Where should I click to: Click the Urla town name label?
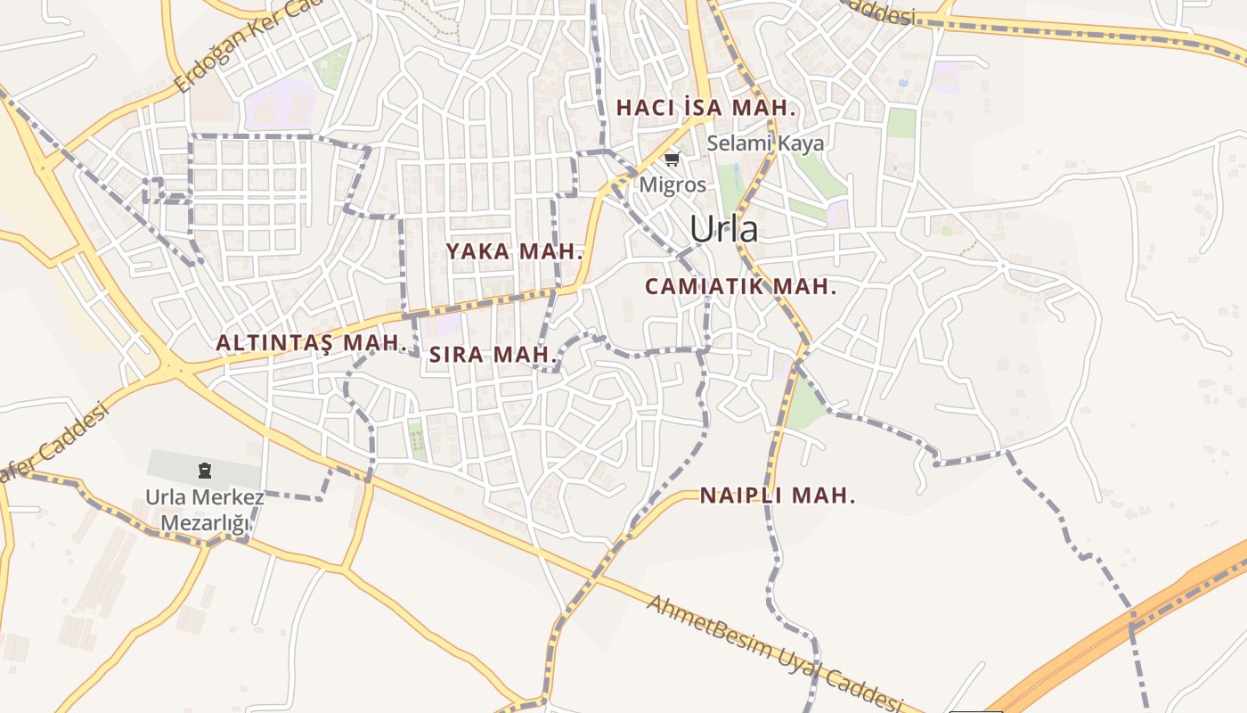click(x=724, y=229)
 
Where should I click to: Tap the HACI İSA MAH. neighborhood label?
click(x=705, y=108)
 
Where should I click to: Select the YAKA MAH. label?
click(x=514, y=251)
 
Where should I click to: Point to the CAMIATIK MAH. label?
click(x=740, y=287)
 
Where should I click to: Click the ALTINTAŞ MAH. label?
click(x=311, y=343)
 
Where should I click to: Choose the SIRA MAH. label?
click(x=493, y=355)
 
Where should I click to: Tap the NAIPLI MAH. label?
click(x=778, y=496)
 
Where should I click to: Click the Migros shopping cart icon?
click(x=672, y=160)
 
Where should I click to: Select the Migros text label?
click(x=672, y=185)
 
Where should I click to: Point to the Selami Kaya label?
click(x=765, y=143)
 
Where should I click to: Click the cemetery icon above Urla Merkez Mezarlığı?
click(x=205, y=470)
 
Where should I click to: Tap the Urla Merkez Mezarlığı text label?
click(x=205, y=511)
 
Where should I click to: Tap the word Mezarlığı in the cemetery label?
click(x=205, y=524)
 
